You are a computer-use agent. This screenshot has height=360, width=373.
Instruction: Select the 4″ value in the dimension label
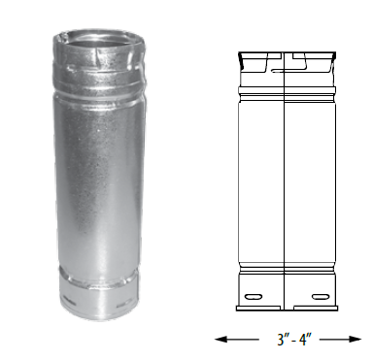[298, 339]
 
